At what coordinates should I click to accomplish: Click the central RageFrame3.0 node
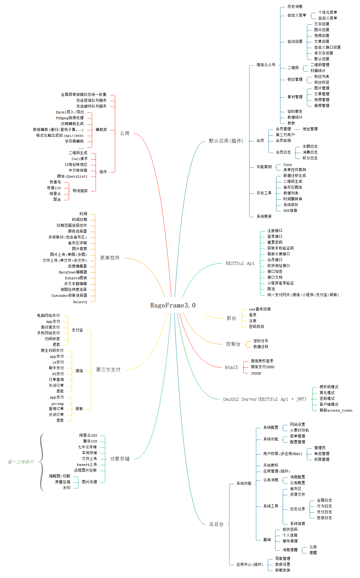click(173, 305)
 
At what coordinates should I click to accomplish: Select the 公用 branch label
click(124, 133)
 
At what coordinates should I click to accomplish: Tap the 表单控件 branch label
click(110, 258)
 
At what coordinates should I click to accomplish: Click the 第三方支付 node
click(108, 370)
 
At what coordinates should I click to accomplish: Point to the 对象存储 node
click(120, 459)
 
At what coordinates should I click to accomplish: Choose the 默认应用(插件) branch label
click(226, 141)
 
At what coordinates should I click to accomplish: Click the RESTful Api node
click(240, 263)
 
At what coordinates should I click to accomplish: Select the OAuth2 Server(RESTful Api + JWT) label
click(264, 399)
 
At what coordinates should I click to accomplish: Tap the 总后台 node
click(216, 524)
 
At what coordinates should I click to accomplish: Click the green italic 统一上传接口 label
click(21, 462)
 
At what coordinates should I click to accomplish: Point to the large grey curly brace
click(42, 462)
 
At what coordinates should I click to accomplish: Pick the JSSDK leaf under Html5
click(256, 373)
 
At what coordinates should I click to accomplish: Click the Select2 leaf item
click(80, 302)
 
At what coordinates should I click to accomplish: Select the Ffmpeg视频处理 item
click(70, 118)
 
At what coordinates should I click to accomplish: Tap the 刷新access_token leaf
click(336, 410)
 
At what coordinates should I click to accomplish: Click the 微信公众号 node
click(266, 65)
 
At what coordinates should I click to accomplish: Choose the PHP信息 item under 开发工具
click(290, 210)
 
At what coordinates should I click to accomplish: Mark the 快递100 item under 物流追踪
click(54, 188)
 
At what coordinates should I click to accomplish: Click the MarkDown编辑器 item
click(73, 272)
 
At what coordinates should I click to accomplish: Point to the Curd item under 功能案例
click(287, 165)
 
